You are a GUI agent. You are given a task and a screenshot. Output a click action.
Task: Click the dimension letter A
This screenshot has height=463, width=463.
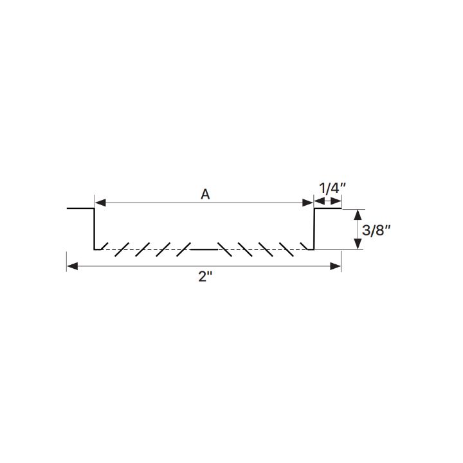pos(205,194)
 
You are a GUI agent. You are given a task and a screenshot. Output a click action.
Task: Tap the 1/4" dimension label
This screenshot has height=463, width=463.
pos(332,188)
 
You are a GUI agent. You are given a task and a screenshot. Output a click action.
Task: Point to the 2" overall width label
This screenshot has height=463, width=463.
pos(204,278)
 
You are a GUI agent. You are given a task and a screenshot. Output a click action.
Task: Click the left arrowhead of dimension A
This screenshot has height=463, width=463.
pos(100,203)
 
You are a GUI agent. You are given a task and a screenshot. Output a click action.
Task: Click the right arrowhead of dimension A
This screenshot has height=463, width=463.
pos(308,203)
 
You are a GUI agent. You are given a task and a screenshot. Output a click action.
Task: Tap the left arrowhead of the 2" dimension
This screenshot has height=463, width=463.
pos(72,266)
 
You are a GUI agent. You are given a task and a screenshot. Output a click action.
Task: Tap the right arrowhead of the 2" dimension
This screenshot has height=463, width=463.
pos(336,266)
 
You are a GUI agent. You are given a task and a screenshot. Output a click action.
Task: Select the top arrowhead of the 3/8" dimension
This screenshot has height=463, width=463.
pos(358,213)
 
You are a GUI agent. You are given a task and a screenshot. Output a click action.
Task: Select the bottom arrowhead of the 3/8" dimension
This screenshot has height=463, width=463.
pos(358,244)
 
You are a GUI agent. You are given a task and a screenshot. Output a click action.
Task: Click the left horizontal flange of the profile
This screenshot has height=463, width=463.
pos(80,208)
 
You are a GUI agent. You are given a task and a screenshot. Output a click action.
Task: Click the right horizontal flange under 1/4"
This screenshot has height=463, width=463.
pos(327,208)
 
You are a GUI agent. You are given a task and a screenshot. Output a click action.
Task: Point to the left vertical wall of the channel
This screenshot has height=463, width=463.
pos(95,228)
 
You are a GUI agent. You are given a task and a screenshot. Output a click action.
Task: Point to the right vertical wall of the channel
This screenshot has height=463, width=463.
pos(314,228)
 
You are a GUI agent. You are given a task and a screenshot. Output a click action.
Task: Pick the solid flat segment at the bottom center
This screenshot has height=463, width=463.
pos(204,248)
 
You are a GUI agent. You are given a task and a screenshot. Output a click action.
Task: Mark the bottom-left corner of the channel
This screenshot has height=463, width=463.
pos(95,248)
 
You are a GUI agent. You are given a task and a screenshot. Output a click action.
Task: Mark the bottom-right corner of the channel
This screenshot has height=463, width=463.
pos(313,248)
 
